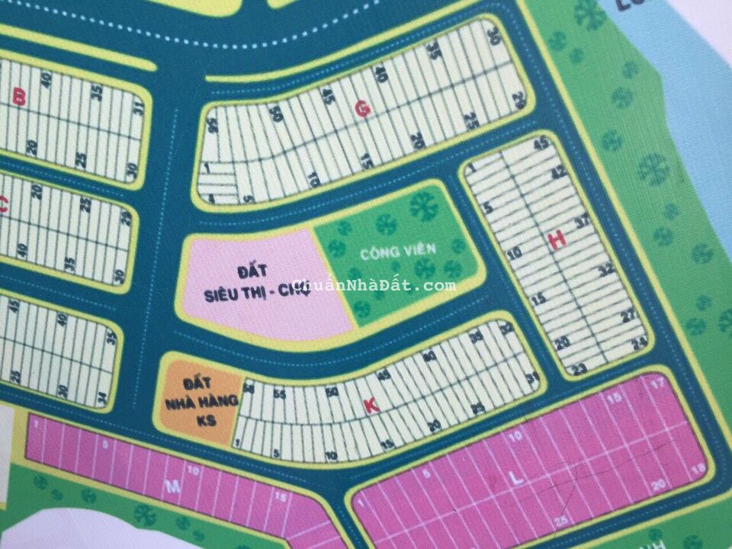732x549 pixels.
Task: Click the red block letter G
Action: point(363,110)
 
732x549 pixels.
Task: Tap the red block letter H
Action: point(557,240)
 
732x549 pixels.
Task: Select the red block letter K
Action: point(371,406)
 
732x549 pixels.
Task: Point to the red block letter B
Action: point(21,97)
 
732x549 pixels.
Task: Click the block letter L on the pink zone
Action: point(516,479)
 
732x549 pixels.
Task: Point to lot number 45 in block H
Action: point(542,143)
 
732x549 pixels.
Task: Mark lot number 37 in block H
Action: point(584,223)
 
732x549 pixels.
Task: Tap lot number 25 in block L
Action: point(563,521)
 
